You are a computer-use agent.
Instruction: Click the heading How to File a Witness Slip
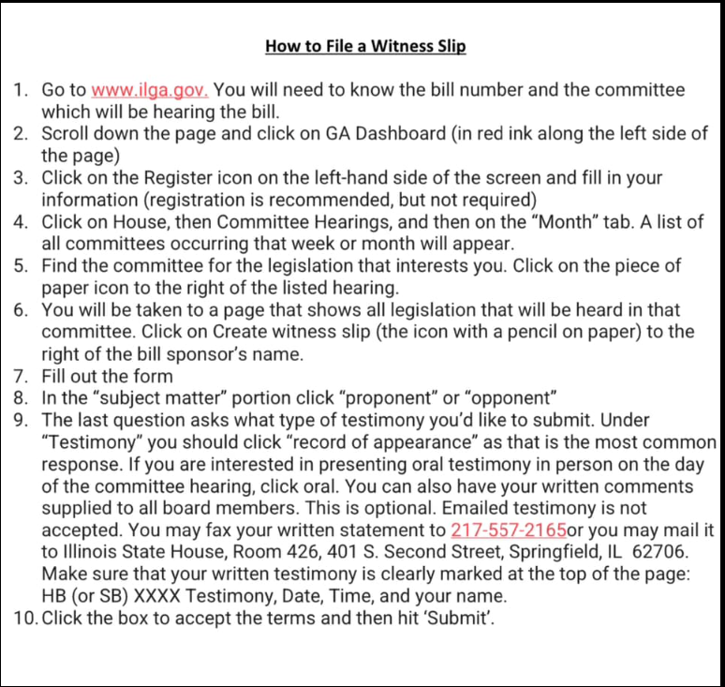pos(365,46)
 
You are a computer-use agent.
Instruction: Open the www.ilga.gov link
pos(150,91)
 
